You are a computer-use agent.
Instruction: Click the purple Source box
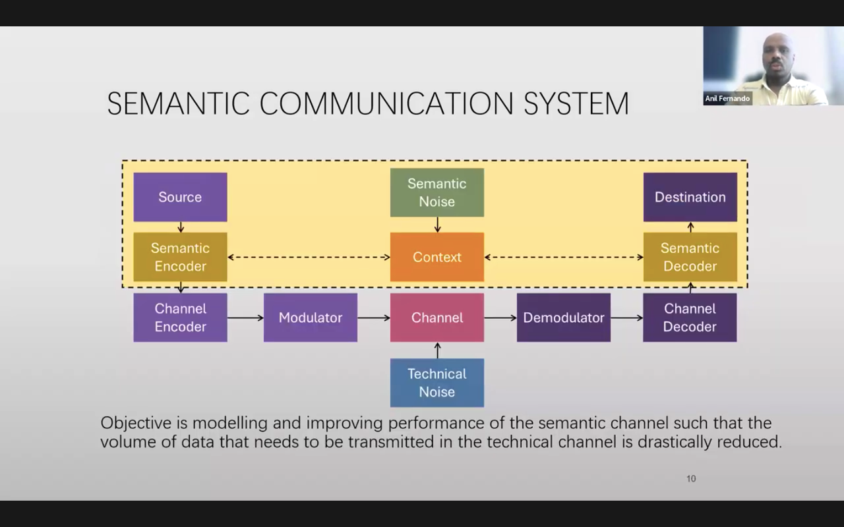[180, 197]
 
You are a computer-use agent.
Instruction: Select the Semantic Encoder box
[180, 257]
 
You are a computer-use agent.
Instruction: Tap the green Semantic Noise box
[437, 192]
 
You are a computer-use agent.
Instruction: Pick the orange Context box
[437, 257]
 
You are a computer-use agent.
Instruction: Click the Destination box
[690, 197]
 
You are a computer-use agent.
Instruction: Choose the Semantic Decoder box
[690, 257]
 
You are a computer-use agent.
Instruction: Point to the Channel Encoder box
[180, 318]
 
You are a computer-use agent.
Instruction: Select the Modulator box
[310, 318]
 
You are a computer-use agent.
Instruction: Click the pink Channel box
[437, 318]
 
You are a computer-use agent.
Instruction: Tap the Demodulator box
[563, 318]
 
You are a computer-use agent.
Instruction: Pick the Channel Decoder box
[690, 318]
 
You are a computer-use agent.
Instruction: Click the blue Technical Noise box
[437, 383]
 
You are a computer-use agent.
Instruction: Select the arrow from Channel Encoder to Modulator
[245, 318]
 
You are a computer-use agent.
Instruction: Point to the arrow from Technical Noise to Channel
[437, 350]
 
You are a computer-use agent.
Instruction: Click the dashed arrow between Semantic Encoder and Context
[309, 257]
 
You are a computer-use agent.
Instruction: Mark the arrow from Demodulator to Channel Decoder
[626, 318]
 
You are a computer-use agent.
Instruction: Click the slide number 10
[691, 479]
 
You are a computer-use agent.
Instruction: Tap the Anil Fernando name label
[727, 99]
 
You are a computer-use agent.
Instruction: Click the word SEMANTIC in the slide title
[178, 104]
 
